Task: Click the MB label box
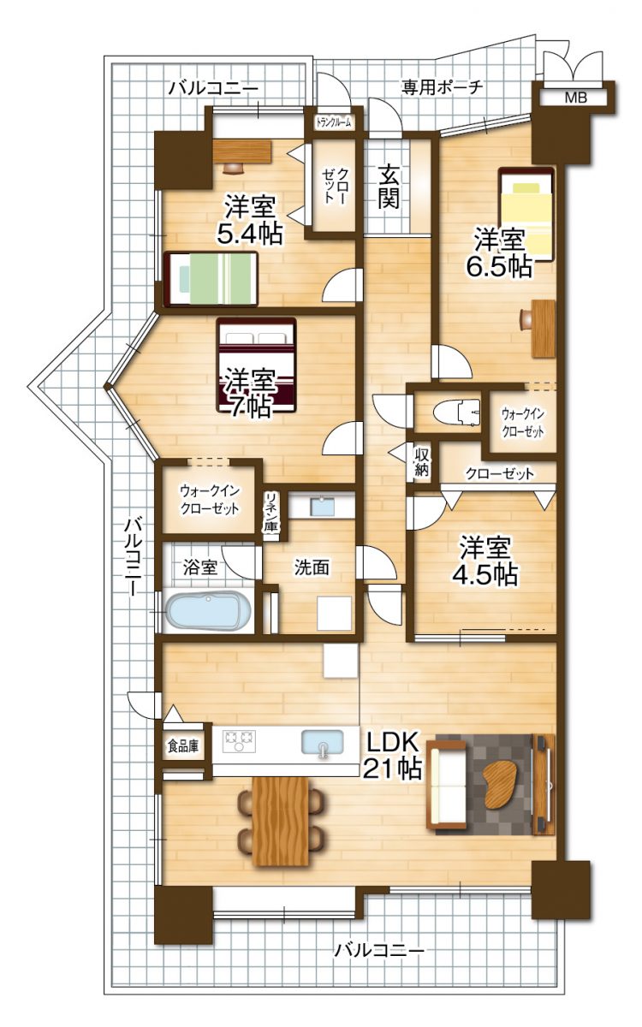(x=575, y=97)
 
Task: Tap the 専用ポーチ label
(x=443, y=87)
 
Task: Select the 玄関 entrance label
(x=389, y=187)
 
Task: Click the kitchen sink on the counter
(x=323, y=742)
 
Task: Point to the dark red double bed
(x=257, y=364)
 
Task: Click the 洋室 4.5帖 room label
(x=484, y=561)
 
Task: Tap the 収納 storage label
(x=421, y=461)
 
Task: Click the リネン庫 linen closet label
(x=270, y=513)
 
